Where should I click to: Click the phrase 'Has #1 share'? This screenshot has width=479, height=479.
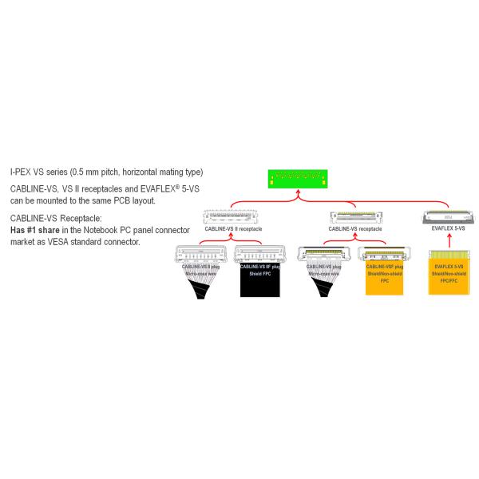coord(35,230)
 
